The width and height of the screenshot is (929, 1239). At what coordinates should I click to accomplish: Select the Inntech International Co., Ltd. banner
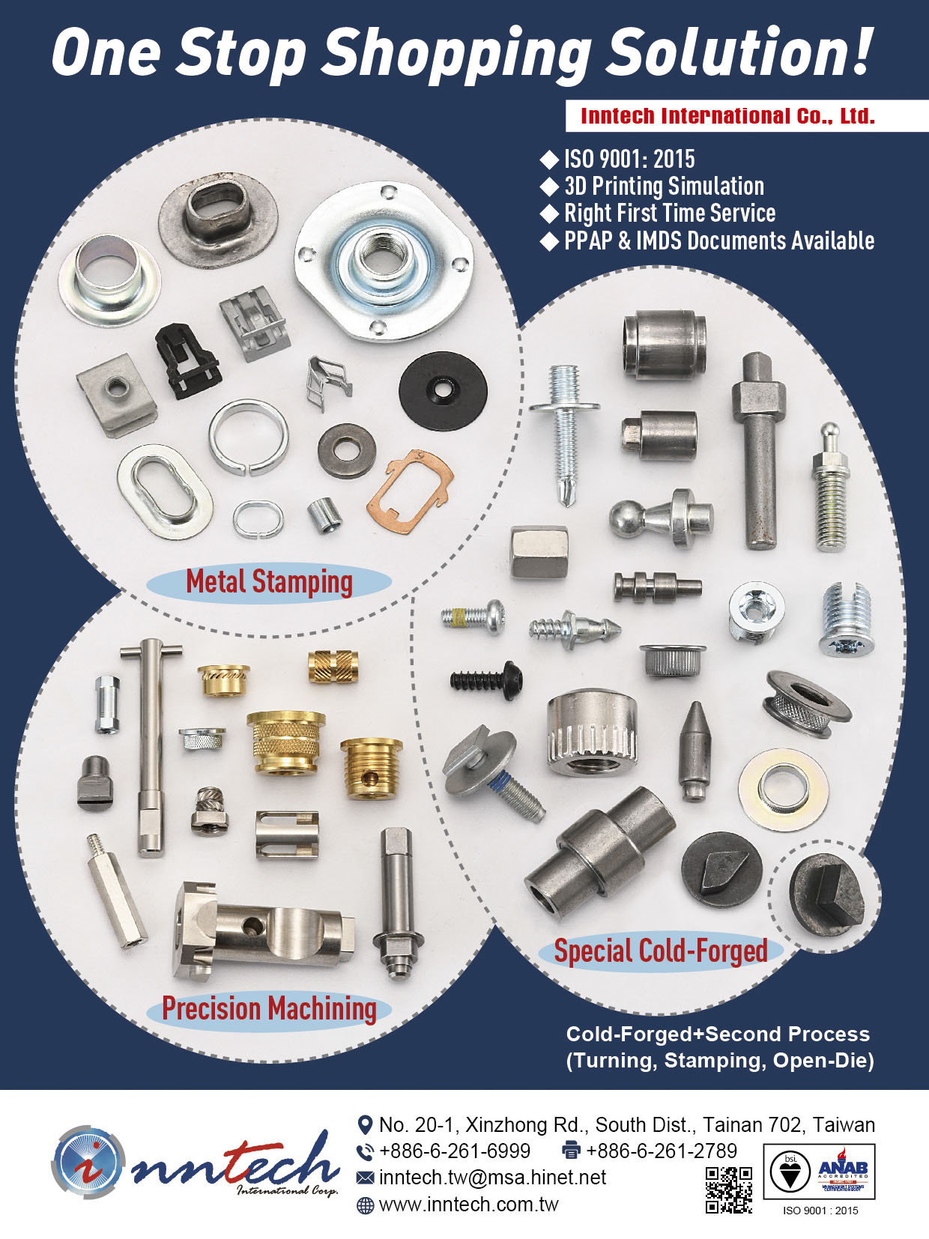(727, 116)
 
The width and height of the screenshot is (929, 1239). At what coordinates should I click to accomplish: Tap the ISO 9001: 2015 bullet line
(628, 159)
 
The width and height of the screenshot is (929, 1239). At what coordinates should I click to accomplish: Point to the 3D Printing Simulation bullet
(663, 186)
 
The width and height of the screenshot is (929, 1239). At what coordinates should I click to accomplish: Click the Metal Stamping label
(269, 582)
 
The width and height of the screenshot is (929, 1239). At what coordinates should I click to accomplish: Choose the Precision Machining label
(269, 1008)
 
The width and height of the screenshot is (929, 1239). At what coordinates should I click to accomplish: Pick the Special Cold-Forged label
(660, 951)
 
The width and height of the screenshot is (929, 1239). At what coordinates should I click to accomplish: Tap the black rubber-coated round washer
(443, 390)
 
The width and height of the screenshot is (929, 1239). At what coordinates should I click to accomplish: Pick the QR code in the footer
(728, 1190)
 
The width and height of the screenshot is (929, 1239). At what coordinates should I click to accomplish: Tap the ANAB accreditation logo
(843, 1171)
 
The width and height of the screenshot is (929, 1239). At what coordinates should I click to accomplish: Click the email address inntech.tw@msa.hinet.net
(492, 1178)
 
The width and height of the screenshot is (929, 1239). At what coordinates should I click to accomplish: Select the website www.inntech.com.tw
(468, 1205)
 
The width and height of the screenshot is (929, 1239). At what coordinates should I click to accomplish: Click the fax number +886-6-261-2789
(661, 1151)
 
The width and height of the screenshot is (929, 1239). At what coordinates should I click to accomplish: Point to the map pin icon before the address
(365, 1124)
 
